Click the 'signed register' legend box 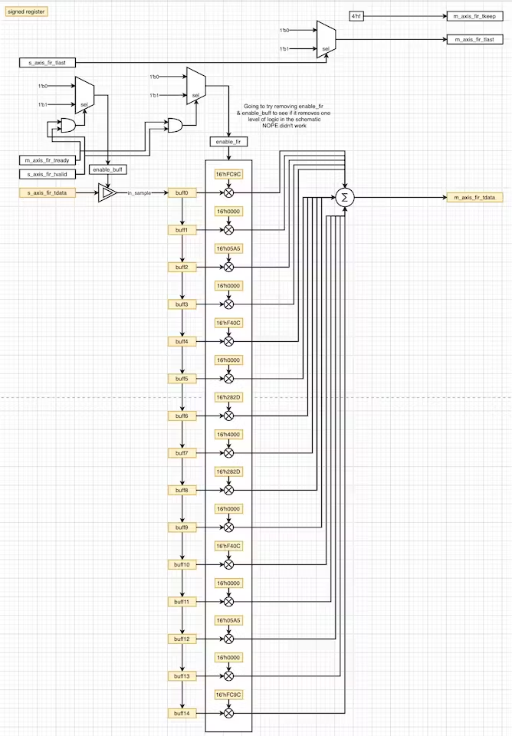click(x=27, y=12)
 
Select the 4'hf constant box click(x=357, y=16)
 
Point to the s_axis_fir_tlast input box click(x=48, y=62)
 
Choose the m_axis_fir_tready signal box click(x=48, y=159)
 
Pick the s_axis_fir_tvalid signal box click(x=48, y=175)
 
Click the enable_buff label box click(x=108, y=169)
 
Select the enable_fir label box click(x=228, y=142)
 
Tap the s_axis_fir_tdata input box click(x=48, y=192)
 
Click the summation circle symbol click(x=344, y=198)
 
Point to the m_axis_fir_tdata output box click(x=474, y=198)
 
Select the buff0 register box click(x=182, y=192)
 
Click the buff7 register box click(x=182, y=453)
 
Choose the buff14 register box click(x=182, y=714)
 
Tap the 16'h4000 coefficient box click(x=228, y=435)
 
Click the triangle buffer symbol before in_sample click(x=107, y=193)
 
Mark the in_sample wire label click(x=139, y=193)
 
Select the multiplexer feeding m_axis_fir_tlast click(x=326, y=39)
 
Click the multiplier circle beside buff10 click(x=228, y=564)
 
